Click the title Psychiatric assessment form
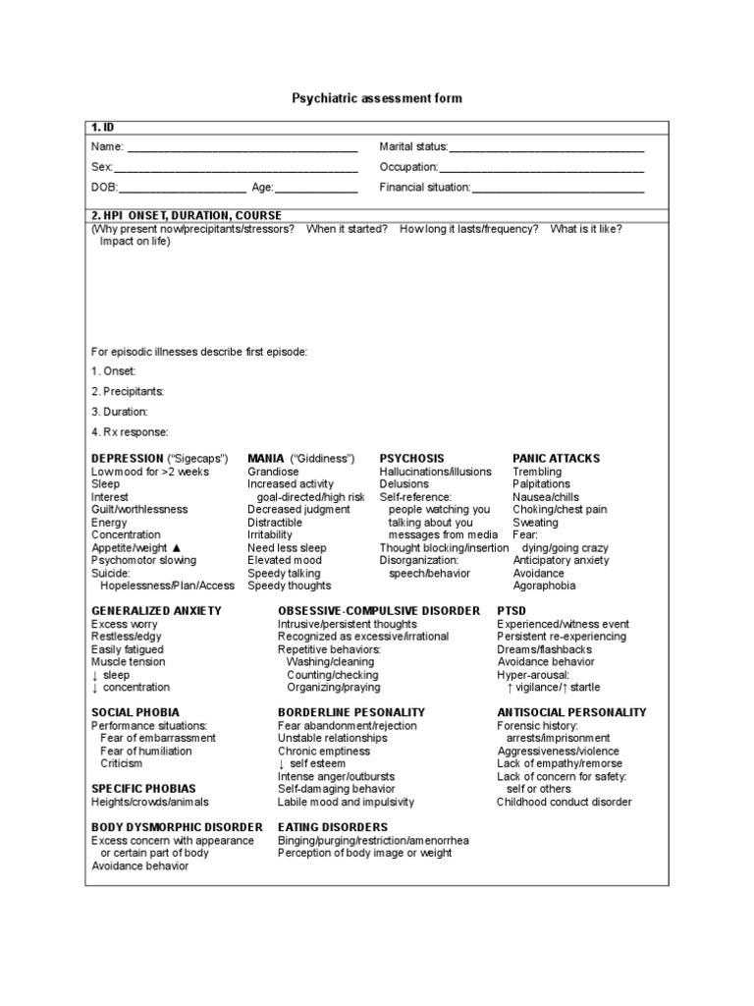tap(377, 99)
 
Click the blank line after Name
tap(242, 150)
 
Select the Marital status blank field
tap(546, 150)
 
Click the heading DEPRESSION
tap(128, 459)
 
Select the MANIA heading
tap(265, 459)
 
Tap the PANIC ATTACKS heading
tap(556, 459)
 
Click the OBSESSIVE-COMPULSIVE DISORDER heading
tap(379, 611)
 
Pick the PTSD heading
tap(513, 611)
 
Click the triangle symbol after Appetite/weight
tap(176, 548)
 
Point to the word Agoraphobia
tap(544, 587)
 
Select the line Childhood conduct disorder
tap(564, 802)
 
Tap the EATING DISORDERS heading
tap(333, 827)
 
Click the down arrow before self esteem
tap(281, 763)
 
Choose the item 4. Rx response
tap(130, 432)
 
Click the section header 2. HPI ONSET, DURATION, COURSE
tap(187, 215)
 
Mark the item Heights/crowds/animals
tap(149, 802)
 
